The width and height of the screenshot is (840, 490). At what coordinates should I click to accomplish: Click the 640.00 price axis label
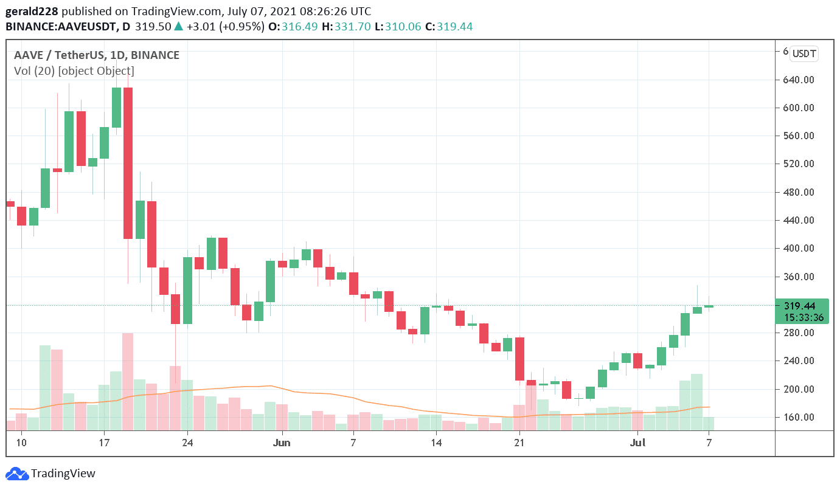(798, 80)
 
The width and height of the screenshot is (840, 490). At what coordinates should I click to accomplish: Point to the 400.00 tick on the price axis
(798, 248)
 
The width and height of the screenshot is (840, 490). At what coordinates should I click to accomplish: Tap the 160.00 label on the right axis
(798, 417)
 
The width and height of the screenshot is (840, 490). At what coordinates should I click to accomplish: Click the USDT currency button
(804, 53)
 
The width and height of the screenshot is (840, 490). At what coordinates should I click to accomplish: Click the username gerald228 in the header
(32, 12)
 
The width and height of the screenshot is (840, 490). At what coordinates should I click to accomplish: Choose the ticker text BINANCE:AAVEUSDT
(61, 27)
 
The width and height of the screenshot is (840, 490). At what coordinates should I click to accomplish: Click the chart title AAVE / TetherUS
(58, 55)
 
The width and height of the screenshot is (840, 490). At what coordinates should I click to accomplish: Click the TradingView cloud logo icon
(16, 474)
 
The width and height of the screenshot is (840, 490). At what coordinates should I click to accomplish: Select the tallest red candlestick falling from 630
(128, 163)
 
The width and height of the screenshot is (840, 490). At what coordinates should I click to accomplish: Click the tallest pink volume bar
(128, 381)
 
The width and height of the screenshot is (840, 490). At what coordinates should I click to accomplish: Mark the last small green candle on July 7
(709, 306)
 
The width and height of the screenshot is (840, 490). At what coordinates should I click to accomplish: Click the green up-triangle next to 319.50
(178, 27)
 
